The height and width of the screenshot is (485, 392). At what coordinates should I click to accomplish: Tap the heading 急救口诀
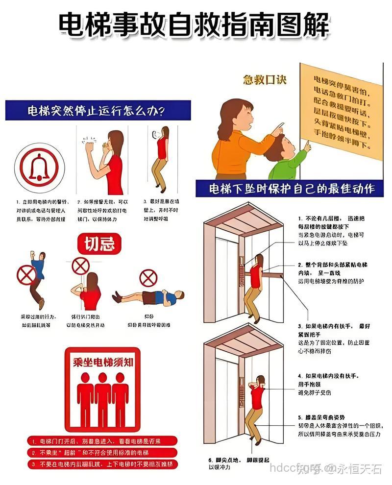point(265,80)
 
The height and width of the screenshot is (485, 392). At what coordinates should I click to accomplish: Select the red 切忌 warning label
point(100,243)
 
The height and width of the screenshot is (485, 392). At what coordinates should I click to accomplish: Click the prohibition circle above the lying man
point(147,278)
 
